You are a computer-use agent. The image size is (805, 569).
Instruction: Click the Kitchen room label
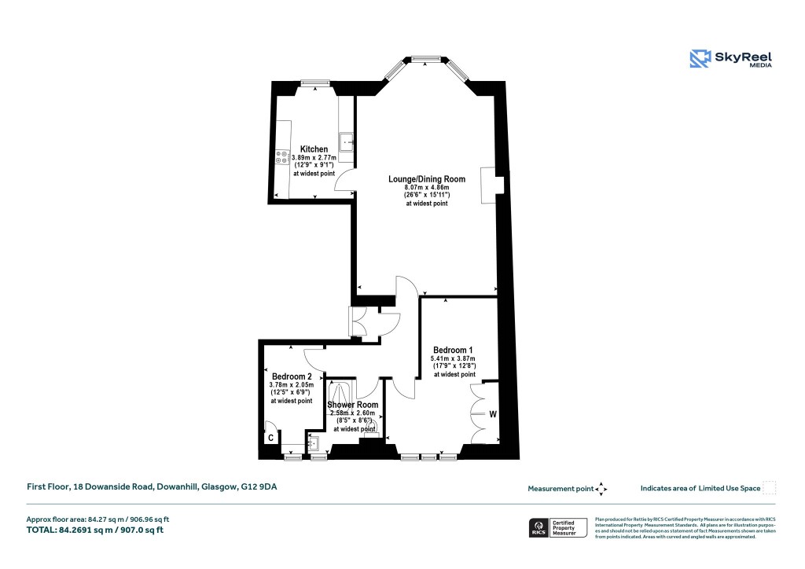pyautogui.click(x=314, y=149)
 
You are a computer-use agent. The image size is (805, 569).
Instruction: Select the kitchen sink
pyautogui.click(x=346, y=142)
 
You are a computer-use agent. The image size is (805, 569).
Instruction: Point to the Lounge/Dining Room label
pyautogui.click(x=427, y=179)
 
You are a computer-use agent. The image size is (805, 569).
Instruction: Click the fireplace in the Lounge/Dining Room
pyautogui.click(x=489, y=186)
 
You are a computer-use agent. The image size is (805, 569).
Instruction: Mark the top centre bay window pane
pyautogui.click(x=425, y=57)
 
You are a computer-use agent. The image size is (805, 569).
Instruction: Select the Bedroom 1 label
pyautogui.click(x=453, y=350)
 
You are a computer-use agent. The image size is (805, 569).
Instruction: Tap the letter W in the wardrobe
pyautogui.click(x=493, y=414)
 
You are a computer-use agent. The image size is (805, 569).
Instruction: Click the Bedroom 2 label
pyautogui.click(x=292, y=376)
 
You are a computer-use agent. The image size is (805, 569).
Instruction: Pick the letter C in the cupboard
pyautogui.click(x=270, y=438)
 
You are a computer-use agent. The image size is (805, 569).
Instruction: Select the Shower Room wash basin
pyautogui.click(x=315, y=444)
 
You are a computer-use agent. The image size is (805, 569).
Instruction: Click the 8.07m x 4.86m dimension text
pyautogui.click(x=427, y=188)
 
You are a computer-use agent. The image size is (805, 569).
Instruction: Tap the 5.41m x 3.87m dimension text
pyautogui.click(x=453, y=358)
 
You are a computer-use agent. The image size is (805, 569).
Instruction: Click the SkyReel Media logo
pyautogui.click(x=731, y=59)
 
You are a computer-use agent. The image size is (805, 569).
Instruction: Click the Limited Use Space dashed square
pyautogui.click(x=770, y=488)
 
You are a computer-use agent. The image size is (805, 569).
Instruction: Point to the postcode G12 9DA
pyautogui.click(x=259, y=487)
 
